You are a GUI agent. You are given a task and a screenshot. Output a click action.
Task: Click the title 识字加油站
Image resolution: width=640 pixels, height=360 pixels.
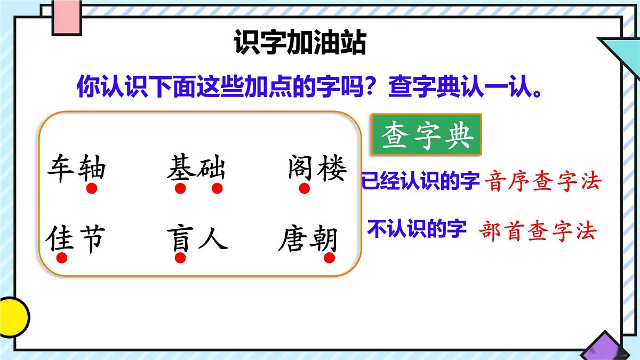300,44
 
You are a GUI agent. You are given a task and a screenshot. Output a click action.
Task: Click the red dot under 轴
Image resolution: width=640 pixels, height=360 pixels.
92,189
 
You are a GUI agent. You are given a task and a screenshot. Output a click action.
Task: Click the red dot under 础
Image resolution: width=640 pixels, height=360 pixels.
217,189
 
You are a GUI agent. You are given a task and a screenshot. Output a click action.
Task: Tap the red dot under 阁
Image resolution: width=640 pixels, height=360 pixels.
304,189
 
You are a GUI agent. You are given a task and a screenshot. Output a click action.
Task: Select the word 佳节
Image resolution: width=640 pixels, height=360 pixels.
75,239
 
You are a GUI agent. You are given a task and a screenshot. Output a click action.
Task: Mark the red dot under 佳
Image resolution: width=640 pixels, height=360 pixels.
62,258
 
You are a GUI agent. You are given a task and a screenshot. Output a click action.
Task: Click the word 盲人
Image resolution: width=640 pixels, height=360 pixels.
196,239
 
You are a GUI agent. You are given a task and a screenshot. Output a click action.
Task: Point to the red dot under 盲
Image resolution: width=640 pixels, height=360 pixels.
180,258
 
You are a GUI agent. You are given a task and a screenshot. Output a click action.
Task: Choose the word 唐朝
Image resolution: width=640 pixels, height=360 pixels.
308,239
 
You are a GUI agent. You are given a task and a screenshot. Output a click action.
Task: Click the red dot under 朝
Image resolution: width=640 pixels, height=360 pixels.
329,258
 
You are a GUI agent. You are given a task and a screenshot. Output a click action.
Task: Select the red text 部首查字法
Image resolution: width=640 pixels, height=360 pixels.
538,232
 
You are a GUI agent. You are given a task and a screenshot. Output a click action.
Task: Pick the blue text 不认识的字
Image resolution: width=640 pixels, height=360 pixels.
417,230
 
